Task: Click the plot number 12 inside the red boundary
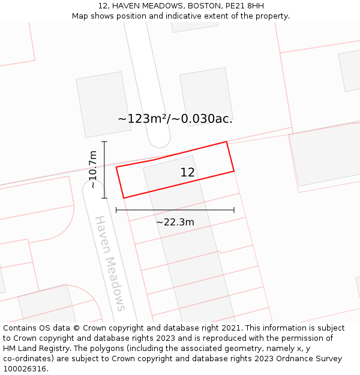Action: pos(187,173)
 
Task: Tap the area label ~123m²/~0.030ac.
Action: pos(175,119)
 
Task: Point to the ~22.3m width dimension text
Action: pos(175,222)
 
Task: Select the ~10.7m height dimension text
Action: pos(92,170)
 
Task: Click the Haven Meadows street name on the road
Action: pos(110,263)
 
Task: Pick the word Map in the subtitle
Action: pos(81,16)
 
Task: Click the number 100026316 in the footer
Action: pos(24,369)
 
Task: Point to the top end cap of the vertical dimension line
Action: pos(104,142)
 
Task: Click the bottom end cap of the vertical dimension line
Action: pos(104,198)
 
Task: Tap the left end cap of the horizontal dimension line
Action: pos(116,210)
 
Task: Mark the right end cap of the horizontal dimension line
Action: pos(234,210)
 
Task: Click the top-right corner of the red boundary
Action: pos(226,142)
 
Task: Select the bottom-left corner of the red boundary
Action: pos(124,198)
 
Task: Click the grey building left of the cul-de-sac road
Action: pos(103,104)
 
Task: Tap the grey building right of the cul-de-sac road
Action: pos(206,96)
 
